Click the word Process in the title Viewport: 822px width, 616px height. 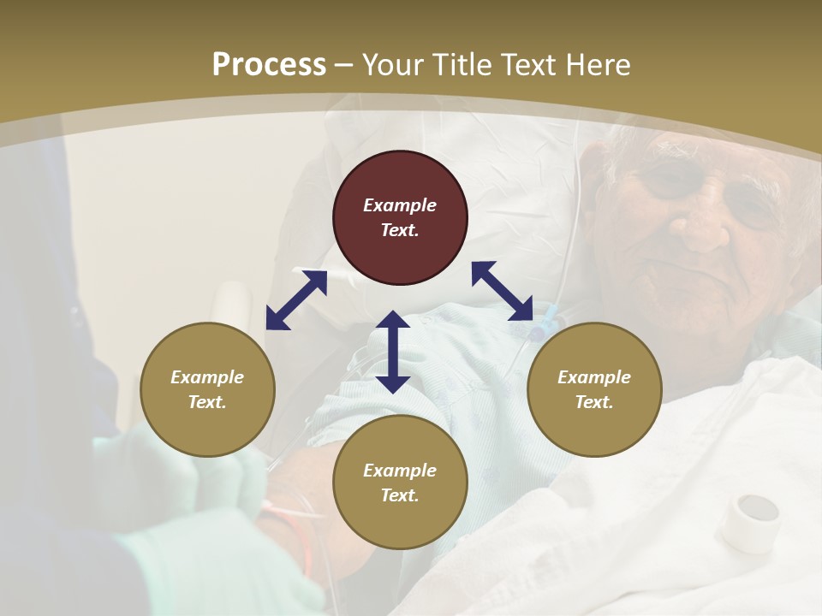[x=269, y=65]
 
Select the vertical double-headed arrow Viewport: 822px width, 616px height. [x=393, y=352]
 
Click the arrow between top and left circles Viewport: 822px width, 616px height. [x=296, y=299]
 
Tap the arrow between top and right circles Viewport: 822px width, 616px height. [x=502, y=290]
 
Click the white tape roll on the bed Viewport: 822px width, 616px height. [x=750, y=521]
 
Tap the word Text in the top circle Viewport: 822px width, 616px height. [x=400, y=230]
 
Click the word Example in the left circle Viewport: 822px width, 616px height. [x=207, y=377]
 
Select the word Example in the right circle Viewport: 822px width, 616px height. [x=594, y=377]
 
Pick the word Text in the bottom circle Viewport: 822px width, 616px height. [x=400, y=495]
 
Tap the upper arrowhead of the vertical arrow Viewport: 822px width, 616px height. [x=393, y=322]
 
